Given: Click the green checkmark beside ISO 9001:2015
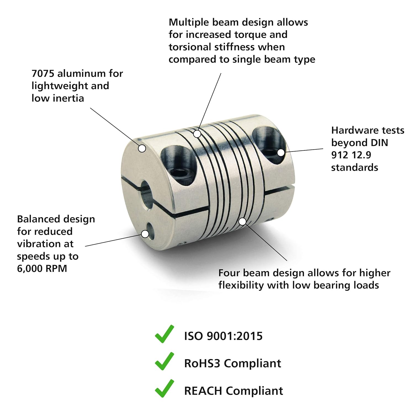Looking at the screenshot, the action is click(164, 334).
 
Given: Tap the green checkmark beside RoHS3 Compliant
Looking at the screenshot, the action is click(164, 361).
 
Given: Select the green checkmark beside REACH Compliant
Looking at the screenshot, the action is click(164, 389).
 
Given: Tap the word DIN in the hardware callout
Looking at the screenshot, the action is click(379, 143).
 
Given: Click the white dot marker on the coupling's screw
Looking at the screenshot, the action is click(280, 152).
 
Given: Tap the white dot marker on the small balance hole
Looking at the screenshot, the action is click(145, 234).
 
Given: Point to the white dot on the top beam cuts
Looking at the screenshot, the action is click(197, 134).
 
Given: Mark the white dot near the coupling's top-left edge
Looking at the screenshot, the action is click(142, 148).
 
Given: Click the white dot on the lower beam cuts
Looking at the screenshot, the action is click(242, 221).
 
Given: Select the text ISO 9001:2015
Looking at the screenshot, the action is click(223, 336).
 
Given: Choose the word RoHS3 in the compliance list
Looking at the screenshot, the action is click(202, 363).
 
